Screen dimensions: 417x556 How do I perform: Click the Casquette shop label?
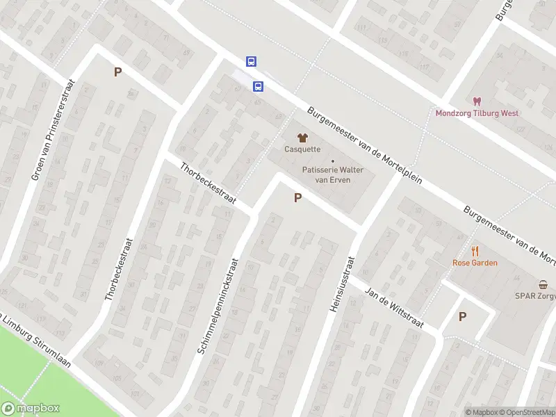click(302, 149)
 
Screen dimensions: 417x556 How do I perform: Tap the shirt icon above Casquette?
click(302, 137)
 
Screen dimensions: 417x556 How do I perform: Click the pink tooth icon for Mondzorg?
click(477, 101)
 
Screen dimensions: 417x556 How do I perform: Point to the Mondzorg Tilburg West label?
click(477, 113)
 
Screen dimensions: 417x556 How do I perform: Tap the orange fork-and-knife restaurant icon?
click(475, 251)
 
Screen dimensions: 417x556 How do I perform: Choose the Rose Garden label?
click(475, 263)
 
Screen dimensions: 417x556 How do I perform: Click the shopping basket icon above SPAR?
click(543, 284)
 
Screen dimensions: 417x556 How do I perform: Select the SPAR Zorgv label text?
click(535, 295)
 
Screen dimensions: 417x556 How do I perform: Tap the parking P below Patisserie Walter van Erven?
click(297, 198)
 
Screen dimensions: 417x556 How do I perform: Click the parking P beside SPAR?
click(462, 316)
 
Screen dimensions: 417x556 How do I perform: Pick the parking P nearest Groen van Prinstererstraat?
click(117, 72)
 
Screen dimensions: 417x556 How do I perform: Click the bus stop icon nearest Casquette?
click(258, 87)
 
